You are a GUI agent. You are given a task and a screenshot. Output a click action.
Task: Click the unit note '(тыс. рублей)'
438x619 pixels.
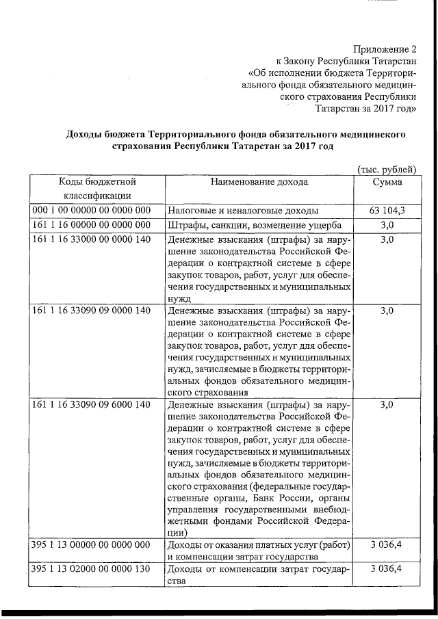[x=387, y=169]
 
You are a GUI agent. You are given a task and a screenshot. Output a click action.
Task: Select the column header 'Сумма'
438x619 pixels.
[x=387, y=183]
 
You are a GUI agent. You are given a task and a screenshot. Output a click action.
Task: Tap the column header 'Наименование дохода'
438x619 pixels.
[x=259, y=183]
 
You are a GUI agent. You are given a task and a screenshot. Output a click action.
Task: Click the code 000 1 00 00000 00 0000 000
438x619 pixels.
[x=91, y=211]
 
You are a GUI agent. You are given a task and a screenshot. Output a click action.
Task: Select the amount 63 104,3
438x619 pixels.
[x=387, y=211]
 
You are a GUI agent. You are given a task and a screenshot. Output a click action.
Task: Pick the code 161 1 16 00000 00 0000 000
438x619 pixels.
[x=91, y=226]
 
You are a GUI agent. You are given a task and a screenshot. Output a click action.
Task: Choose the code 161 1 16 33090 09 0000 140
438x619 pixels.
[x=91, y=311]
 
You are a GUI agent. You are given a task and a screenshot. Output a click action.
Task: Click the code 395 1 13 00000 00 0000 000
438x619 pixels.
[x=91, y=545]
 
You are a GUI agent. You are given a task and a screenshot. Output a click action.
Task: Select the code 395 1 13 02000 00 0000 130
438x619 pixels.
[x=91, y=569]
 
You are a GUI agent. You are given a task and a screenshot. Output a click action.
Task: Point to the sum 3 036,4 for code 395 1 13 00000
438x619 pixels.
[x=387, y=545]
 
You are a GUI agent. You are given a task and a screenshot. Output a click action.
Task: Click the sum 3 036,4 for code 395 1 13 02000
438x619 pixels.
[x=387, y=569]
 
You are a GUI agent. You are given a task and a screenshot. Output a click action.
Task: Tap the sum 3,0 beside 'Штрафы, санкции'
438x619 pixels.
[x=387, y=226]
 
